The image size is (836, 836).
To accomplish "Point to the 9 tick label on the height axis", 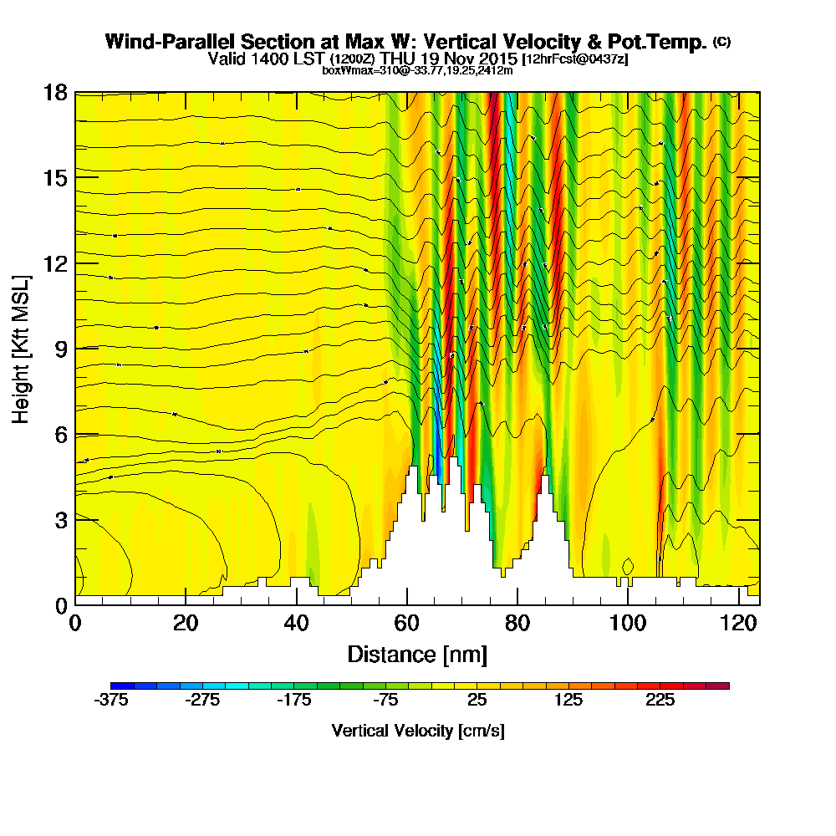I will coord(60,349).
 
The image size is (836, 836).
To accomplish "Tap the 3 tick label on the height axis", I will coord(60,519).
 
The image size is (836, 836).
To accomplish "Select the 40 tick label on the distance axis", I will coord(296,623).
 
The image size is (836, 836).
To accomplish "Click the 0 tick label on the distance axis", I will coord(75,623).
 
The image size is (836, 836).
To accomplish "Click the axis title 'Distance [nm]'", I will coord(417,654).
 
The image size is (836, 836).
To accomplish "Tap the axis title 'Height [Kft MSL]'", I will coord(22,348).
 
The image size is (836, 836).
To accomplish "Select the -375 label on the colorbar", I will coord(111,701).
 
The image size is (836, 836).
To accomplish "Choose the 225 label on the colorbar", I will coord(660,701).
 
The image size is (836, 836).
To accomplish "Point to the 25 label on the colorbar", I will coord(477,701).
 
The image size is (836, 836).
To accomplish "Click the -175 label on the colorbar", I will coord(294,701).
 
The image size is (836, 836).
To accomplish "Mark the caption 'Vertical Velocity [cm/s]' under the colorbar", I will coord(418,731).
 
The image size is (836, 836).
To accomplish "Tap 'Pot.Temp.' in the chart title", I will coord(664,42).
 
